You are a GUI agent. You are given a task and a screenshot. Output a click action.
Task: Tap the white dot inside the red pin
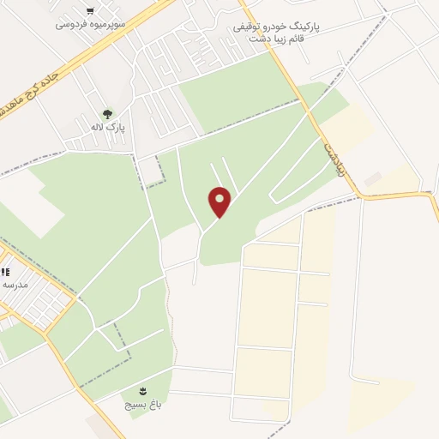coord(219,198)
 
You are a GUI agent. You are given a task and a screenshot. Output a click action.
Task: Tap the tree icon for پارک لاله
coord(106,112)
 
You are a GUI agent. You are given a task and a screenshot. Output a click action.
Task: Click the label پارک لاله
coord(110,127)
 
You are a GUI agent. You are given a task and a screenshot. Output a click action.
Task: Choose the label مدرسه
coord(15,284)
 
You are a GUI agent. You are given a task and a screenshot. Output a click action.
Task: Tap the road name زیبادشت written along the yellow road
coord(333,159)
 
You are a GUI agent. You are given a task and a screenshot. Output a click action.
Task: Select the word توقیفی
coord(249,27)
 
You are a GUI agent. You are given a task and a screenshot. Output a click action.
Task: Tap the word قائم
coord(301,39)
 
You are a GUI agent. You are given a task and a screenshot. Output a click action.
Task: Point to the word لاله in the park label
coord(101,127)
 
